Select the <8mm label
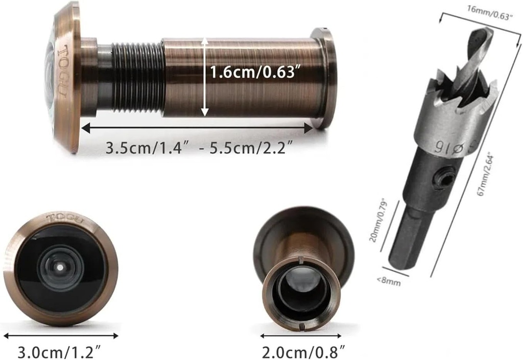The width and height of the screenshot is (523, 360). (x=390, y=281)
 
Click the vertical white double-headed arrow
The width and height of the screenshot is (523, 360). (x=204, y=77)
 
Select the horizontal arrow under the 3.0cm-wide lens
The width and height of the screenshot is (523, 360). (x=61, y=336)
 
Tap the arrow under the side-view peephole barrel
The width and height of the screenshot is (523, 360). (x=197, y=128)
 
